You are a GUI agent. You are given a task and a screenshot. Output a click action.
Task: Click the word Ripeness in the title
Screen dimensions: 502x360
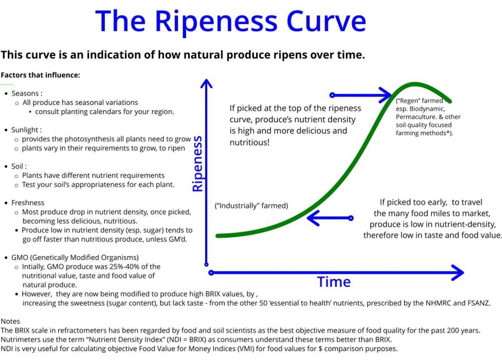tap(216, 22)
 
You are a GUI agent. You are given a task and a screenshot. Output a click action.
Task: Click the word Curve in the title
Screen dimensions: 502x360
tap(326, 21)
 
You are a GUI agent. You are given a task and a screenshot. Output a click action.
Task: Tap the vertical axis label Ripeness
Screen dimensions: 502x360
tap(198, 164)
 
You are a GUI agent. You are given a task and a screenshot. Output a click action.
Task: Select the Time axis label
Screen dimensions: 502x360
tap(334, 282)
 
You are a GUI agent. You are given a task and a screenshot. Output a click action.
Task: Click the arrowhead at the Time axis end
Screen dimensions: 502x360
tap(458, 273)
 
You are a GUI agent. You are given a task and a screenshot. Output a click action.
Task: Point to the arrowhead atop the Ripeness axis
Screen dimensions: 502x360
tap(206, 83)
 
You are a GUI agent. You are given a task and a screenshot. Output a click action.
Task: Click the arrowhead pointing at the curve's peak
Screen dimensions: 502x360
tap(385, 95)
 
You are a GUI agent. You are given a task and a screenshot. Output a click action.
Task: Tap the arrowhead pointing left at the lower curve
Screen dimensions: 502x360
tap(313, 218)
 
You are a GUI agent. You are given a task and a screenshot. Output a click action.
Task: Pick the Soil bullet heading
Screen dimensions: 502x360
tap(19, 166)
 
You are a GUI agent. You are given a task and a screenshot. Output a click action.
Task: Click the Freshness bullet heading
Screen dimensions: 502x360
tap(28, 202)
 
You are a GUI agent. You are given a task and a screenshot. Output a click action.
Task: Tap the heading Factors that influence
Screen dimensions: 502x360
tap(40, 75)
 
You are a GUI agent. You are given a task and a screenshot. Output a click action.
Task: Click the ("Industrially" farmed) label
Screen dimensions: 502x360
tap(251, 206)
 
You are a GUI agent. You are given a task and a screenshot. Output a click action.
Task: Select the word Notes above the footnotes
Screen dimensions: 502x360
tap(10, 321)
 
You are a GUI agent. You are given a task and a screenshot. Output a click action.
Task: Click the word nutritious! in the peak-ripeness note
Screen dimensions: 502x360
tap(249, 143)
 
